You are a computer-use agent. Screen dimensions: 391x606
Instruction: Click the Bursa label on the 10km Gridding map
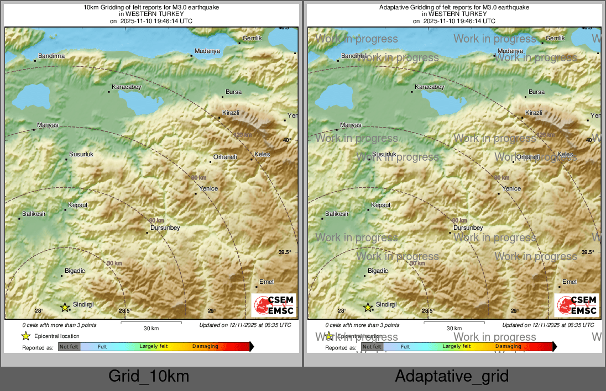234,92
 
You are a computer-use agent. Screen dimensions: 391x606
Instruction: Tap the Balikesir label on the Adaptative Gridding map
337,214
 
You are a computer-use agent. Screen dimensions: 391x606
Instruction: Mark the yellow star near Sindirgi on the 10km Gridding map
65,307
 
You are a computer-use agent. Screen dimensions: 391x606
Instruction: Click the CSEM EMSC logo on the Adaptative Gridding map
577,305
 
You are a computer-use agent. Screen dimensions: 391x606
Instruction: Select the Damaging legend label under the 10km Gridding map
205,346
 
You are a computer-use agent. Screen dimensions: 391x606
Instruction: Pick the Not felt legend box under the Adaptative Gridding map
372,347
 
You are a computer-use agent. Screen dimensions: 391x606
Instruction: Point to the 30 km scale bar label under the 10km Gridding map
151,328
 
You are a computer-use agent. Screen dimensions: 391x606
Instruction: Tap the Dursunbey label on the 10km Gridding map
165,228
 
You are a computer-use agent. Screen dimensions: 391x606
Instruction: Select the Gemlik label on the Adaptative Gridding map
555,38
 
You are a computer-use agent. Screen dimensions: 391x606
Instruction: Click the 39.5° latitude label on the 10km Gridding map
285,252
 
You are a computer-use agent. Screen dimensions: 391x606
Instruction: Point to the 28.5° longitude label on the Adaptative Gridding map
427,311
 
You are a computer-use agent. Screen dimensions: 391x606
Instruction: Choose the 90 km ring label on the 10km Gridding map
198,177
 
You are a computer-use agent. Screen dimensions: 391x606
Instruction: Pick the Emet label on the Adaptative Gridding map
570,282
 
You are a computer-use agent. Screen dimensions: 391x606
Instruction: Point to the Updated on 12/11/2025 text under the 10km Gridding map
245,325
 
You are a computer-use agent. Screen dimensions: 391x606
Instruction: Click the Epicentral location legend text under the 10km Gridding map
57,336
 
